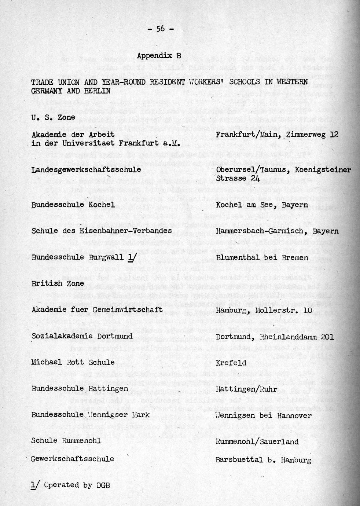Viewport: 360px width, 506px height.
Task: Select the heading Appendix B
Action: (x=159, y=56)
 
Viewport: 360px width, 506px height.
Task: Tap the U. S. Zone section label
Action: (x=53, y=117)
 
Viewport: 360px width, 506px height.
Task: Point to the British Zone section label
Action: (x=58, y=283)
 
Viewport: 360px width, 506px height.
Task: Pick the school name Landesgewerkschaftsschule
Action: (x=86, y=170)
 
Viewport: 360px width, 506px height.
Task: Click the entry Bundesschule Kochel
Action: (x=73, y=205)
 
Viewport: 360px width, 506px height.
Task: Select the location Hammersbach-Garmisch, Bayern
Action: (x=277, y=231)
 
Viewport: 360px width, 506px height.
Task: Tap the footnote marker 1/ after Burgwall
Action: (x=130, y=257)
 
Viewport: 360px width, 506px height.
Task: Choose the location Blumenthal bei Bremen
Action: (x=262, y=257)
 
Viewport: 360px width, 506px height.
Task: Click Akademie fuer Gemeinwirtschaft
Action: (x=97, y=310)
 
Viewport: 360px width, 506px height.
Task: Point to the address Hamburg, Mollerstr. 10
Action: (x=264, y=310)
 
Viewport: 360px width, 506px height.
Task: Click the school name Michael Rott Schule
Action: (x=73, y=363)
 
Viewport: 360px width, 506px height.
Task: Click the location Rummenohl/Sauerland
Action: (x=257, y=442)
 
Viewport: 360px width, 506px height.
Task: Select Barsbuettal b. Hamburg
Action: (x=263, y=460)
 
